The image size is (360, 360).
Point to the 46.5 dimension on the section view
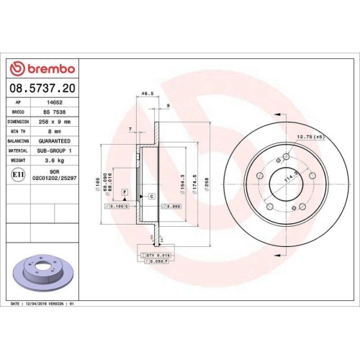(148, 94)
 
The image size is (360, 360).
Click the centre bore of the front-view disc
(289, 189)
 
